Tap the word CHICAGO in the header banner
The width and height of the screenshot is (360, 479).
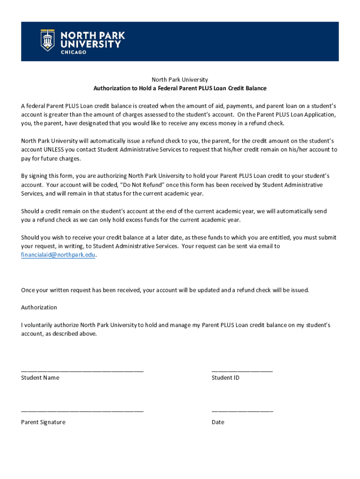(x=74, y=52)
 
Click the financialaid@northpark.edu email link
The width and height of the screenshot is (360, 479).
(x=58, y=255)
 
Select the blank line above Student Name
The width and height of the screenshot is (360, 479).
(x=82, y=370)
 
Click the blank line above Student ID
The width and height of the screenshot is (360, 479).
(x=242, y=370)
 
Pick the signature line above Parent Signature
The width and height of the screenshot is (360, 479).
(x=82, y=411)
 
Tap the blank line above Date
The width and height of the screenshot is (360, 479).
(x=242, y=411)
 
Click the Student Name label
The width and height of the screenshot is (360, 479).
(x=40, y=378)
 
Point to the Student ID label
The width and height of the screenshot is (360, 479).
(x=225, y=378)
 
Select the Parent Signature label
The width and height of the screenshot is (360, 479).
(x=43, y=422)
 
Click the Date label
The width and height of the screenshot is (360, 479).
(x=218, y=422)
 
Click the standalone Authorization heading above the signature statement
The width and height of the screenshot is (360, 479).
(x=39, y=307)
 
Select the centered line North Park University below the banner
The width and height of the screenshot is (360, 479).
(x=180, y=80)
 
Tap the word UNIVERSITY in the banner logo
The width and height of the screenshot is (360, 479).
(x=91, y=44)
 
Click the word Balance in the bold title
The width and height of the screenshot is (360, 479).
(x=255, y=88)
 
